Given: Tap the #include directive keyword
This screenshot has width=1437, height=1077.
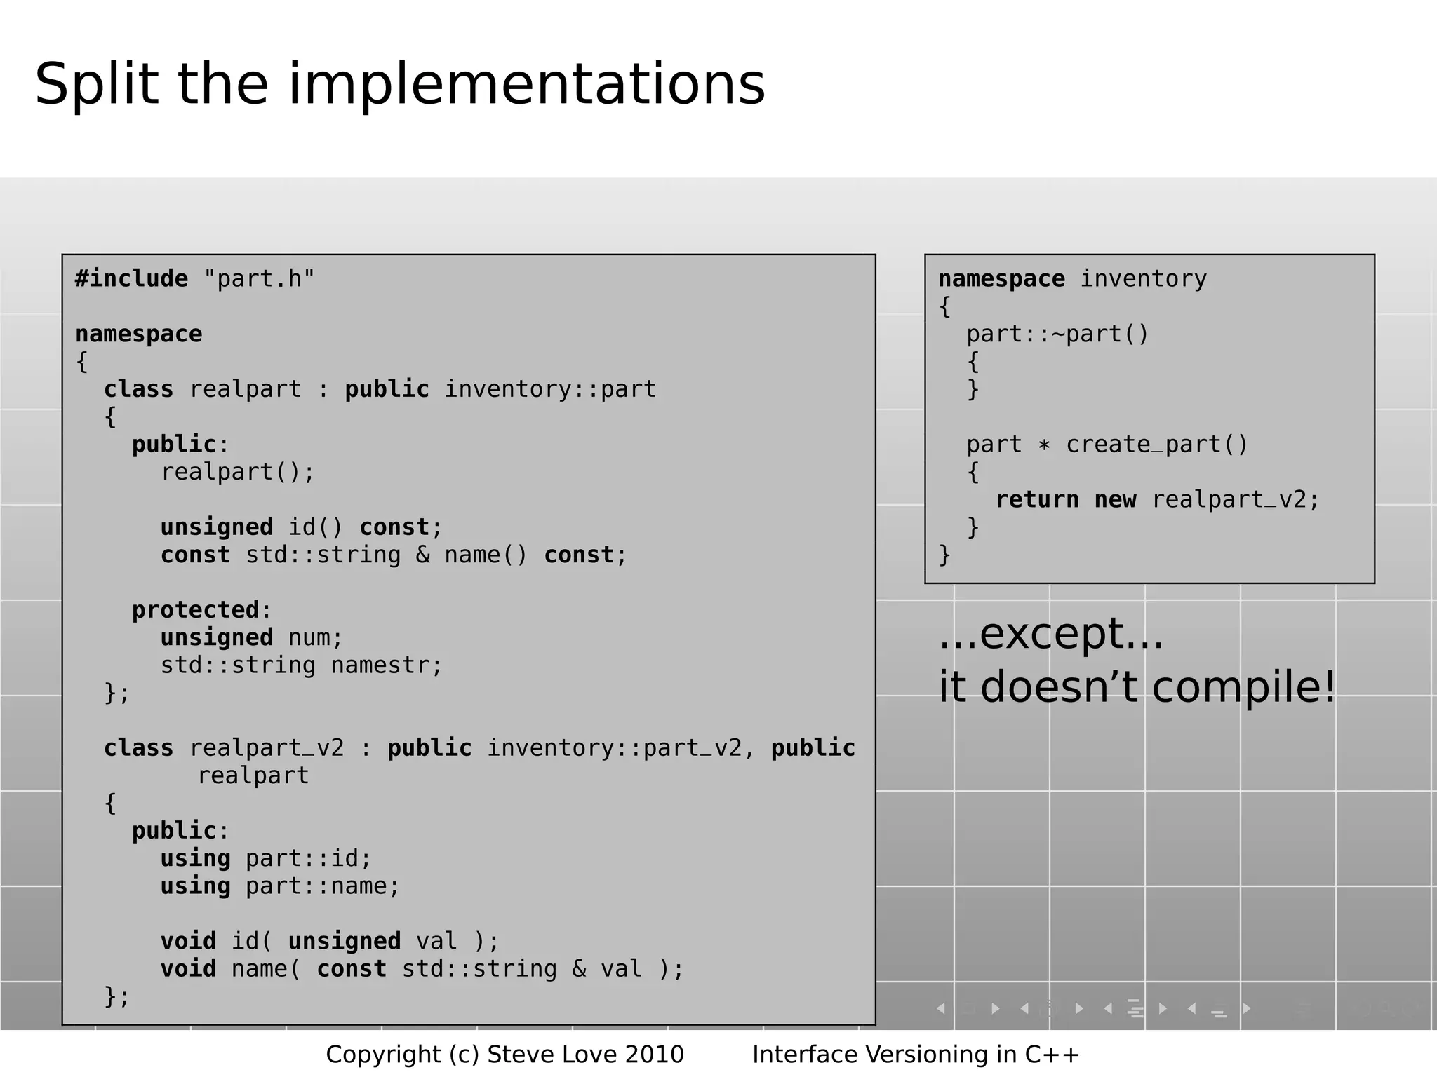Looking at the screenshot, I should coord(131,279).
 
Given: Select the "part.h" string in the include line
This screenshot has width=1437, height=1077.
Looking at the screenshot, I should coord(259,279).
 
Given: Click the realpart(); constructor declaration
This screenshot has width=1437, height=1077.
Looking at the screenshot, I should coord(238,472).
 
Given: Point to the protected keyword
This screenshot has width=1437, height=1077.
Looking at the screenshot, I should coord(196,610).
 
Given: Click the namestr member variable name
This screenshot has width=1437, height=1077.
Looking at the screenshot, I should coord(386,665).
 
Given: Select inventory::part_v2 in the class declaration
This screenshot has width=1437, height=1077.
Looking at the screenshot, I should coord(614,748).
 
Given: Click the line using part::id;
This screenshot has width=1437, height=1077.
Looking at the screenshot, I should coord(266,858).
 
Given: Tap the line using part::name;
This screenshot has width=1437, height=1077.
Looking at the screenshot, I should coord(280,886).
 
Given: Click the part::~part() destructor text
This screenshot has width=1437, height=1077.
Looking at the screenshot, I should coord(1057,334).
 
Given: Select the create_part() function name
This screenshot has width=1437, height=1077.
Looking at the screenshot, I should coord(1157,445).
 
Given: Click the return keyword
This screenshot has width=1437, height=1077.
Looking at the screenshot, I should coord(1037,500).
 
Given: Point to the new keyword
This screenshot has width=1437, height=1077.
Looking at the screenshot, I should coord(1115,500).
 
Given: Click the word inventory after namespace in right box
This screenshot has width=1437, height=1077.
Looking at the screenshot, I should coord(1143,279).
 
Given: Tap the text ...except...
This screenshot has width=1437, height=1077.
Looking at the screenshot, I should coord(1050,634).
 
